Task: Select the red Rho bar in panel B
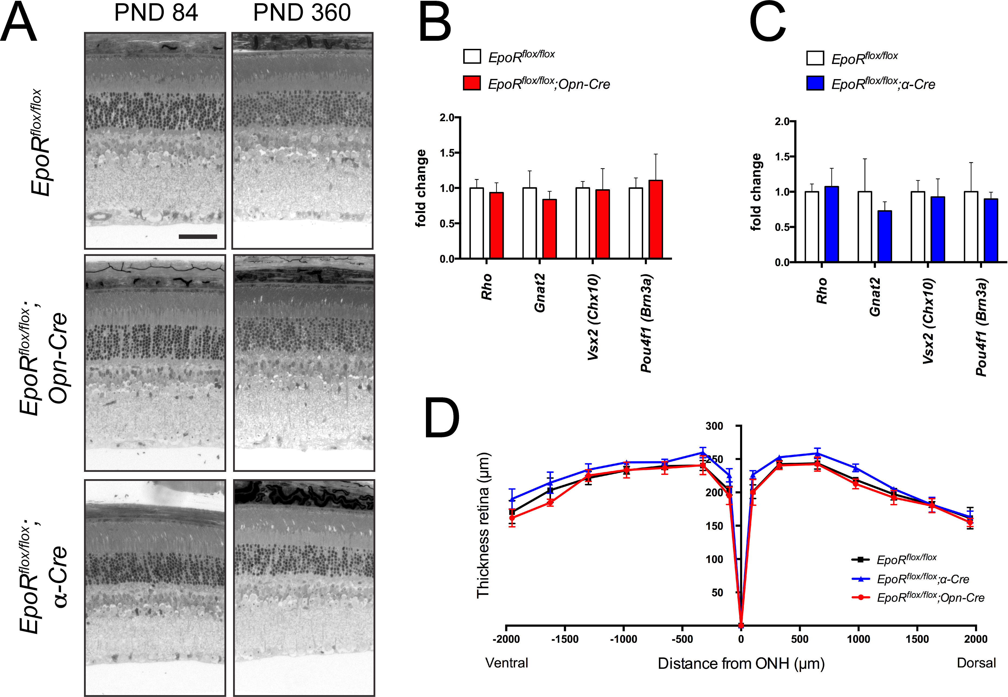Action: [x=496, y=225]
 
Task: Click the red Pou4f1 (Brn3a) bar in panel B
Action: [x=656, y=219]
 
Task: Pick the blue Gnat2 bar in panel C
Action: [x=884, y=236]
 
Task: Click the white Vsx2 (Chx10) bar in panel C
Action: [x=918, y=227]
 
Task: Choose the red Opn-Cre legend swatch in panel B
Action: [x=472, y=83]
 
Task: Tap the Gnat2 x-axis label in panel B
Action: [x=540, y=293]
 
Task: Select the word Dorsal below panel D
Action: [x=976, y=663]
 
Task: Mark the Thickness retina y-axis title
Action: [x=483, y=525]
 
